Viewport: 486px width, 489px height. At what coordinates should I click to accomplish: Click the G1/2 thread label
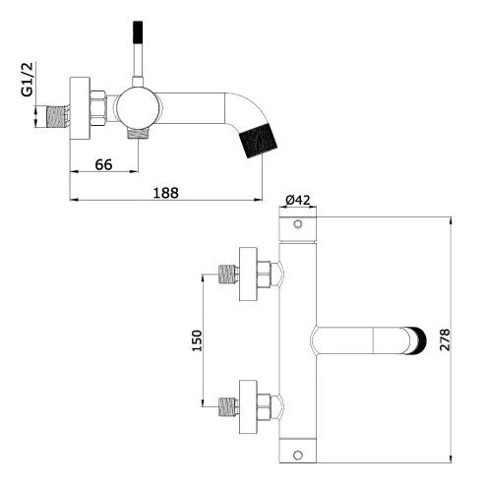(28, 80)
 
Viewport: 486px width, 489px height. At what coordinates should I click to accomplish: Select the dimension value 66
(103, 164)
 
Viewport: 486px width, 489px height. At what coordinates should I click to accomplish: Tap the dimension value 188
(166, 193)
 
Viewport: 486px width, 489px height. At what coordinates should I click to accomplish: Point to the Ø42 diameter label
(298, 200)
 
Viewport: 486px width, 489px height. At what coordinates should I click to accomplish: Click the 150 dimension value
(197, 340)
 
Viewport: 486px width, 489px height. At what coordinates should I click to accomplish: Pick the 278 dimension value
(445, 339)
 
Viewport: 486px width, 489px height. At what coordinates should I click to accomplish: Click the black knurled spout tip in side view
(259, 140)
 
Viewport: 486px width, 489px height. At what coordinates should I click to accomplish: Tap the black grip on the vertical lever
(138, 32)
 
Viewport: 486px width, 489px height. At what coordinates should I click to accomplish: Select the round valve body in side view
(139, 108)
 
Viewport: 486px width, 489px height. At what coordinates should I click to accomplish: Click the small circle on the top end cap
(298, 224)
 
